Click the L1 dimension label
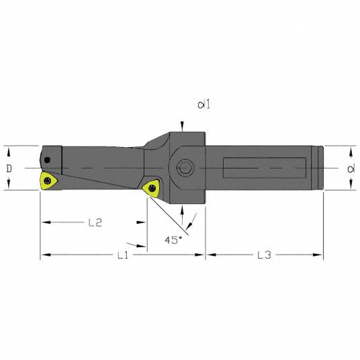[x=123, y=255]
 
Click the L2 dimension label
[x=95, y=222]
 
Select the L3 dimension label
[x=264, y=255]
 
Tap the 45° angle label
[x=173, y=240]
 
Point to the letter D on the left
[x=9, y=169]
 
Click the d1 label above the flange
[x=204, y=105]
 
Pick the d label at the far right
[x=351, y=169]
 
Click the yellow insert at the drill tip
[x=48, y=181]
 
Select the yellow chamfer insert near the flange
[x=151, y=188]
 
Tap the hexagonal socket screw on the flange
[x=185, y=168]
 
